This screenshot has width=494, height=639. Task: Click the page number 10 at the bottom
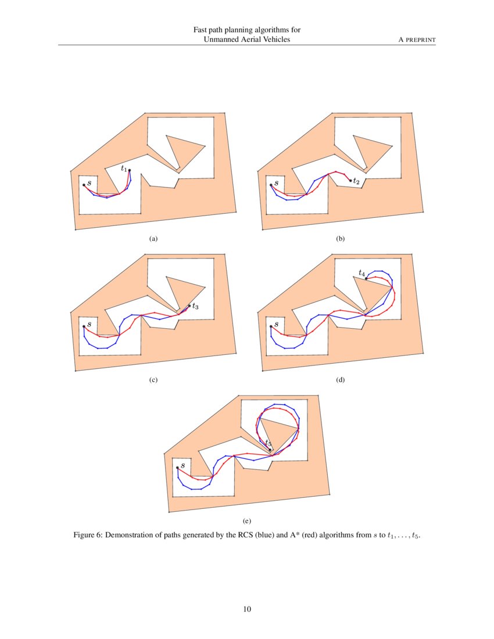247,609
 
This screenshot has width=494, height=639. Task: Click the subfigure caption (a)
153,239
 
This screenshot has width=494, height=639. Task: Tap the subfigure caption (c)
153,380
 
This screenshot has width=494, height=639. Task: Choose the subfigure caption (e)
247,522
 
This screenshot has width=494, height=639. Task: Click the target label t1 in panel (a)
124,168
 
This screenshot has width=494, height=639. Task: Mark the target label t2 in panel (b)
356,182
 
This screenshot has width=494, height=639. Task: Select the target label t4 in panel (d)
361,272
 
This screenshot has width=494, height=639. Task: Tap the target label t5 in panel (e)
268,443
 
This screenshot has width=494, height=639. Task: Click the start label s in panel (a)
89,183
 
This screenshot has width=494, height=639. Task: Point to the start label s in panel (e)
182,465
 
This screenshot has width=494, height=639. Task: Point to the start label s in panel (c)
89,324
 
